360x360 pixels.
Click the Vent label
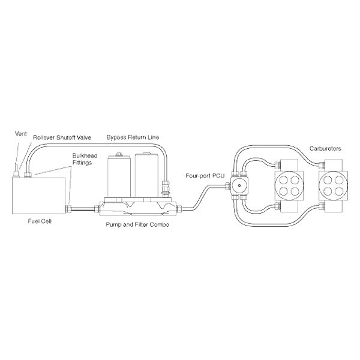(x=20, y=134)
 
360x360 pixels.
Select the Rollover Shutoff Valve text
(x=62, y=137)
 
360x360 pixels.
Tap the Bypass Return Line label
(x=133, y=137)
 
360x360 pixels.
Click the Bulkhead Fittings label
(x=85, y=159)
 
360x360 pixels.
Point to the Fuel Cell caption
(x=40, y=221)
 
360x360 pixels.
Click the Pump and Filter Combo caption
(x=137, y=224)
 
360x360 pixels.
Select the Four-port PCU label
(x=205, y=176)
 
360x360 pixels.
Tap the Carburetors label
(x=325, y=149)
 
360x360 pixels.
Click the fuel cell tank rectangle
(x=39, y=196)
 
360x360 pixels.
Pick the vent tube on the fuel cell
(x=16, y=170)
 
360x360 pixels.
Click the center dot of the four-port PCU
(x=239, y=185)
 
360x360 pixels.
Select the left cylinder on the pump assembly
(x=119, y=176)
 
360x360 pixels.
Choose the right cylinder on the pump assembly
(x=146, y=175)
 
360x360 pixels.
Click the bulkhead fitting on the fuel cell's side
(x=68, y=209)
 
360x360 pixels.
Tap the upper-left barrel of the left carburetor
(x=283, y=180)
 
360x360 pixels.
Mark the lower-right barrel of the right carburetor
(x=339, y=191)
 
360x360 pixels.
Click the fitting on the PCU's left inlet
(x=228, y=185)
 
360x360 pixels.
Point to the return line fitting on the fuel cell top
(x=28, y=175)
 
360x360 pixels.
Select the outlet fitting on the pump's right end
(x=179, y=209)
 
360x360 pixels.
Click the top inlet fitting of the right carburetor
(x=322, y=164)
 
